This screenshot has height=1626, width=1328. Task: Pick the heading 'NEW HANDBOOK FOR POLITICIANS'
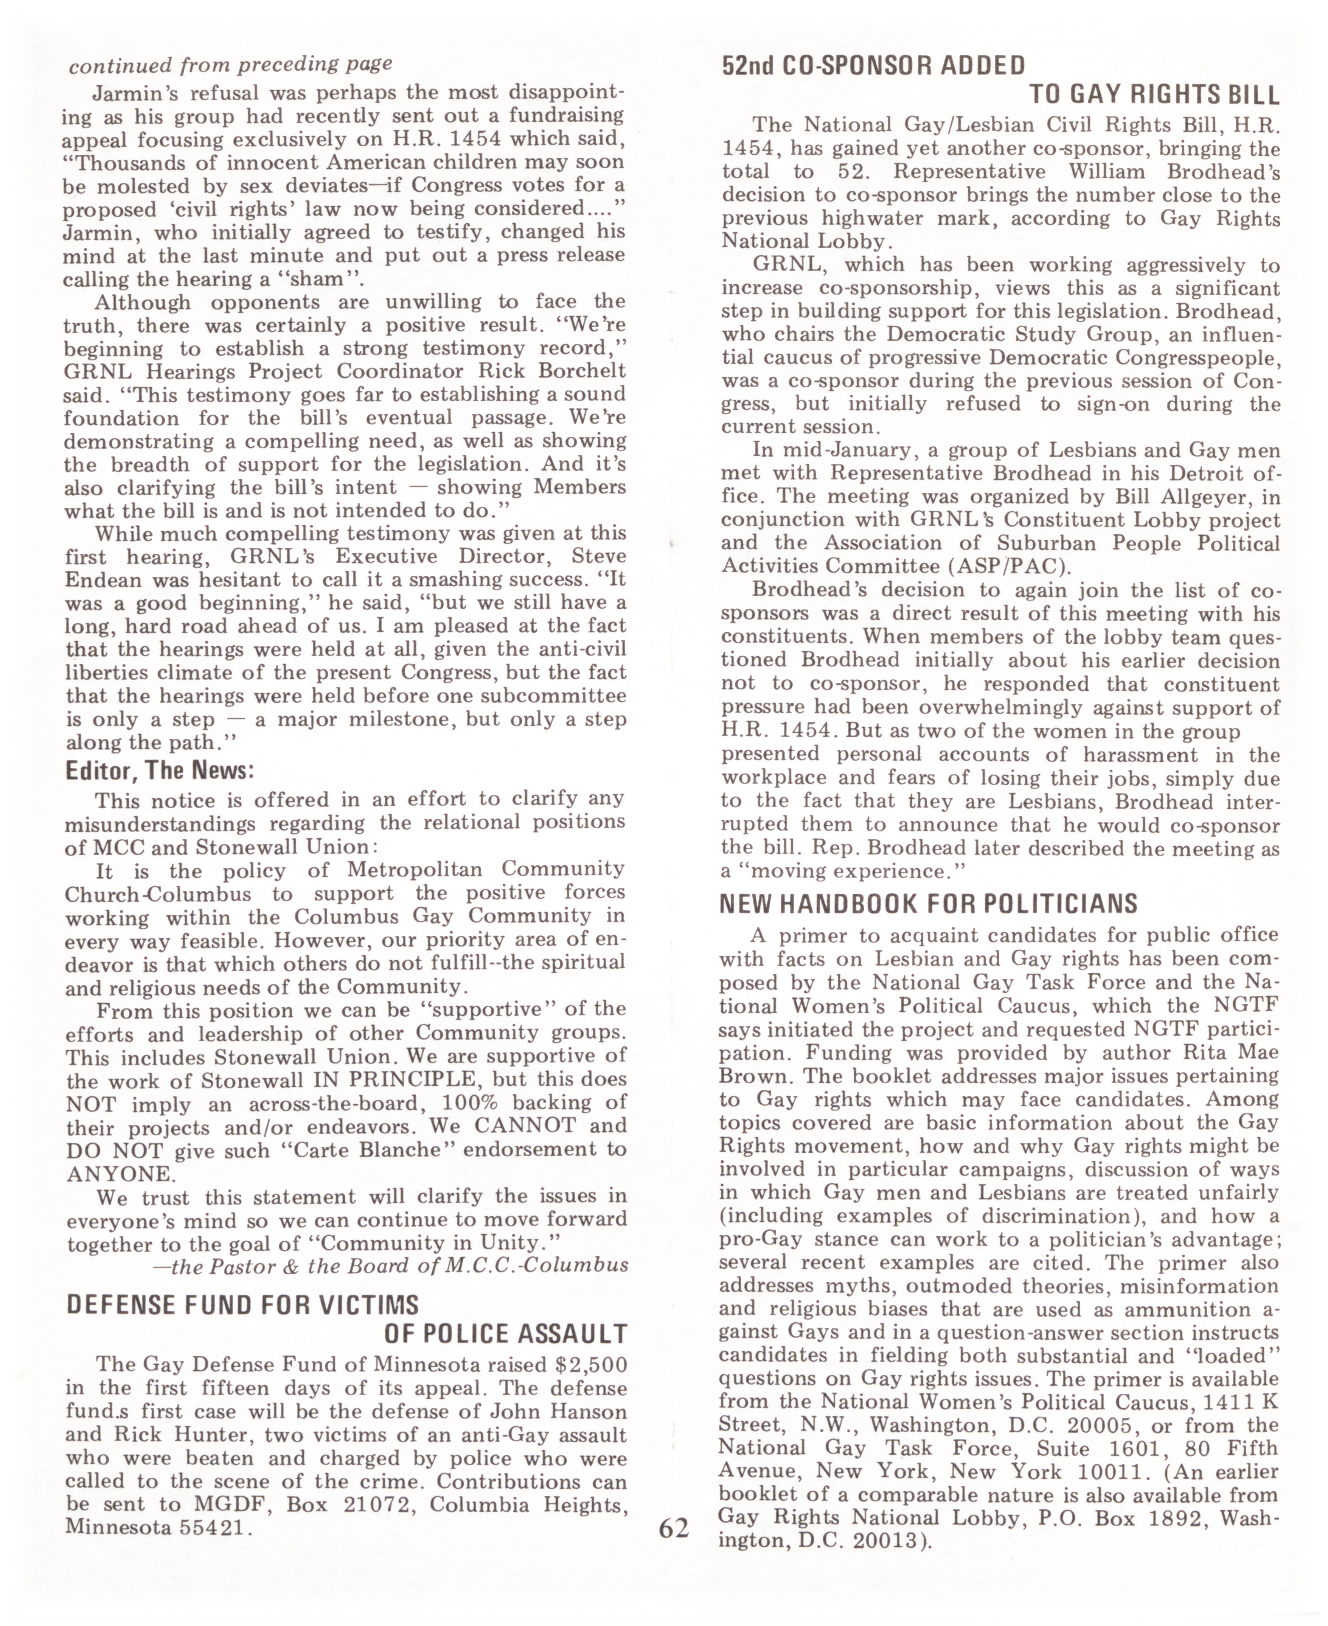click(x=928, y=904)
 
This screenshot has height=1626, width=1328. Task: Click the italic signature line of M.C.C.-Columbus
click(x=390, y=1266)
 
